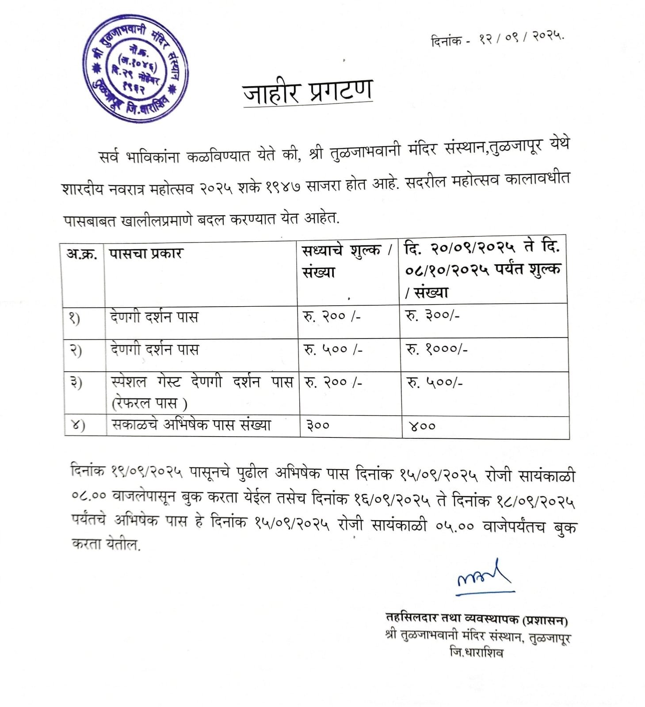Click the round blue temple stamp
135,68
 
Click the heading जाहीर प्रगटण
307,92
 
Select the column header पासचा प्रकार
146,254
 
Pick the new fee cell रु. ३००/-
432,316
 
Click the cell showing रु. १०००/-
437,349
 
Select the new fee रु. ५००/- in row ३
435,383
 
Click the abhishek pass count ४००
422,426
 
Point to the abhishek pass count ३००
318,426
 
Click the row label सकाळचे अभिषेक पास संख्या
191,425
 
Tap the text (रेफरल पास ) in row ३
149,403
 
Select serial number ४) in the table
78,425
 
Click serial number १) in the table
74,318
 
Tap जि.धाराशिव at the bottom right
476,653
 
